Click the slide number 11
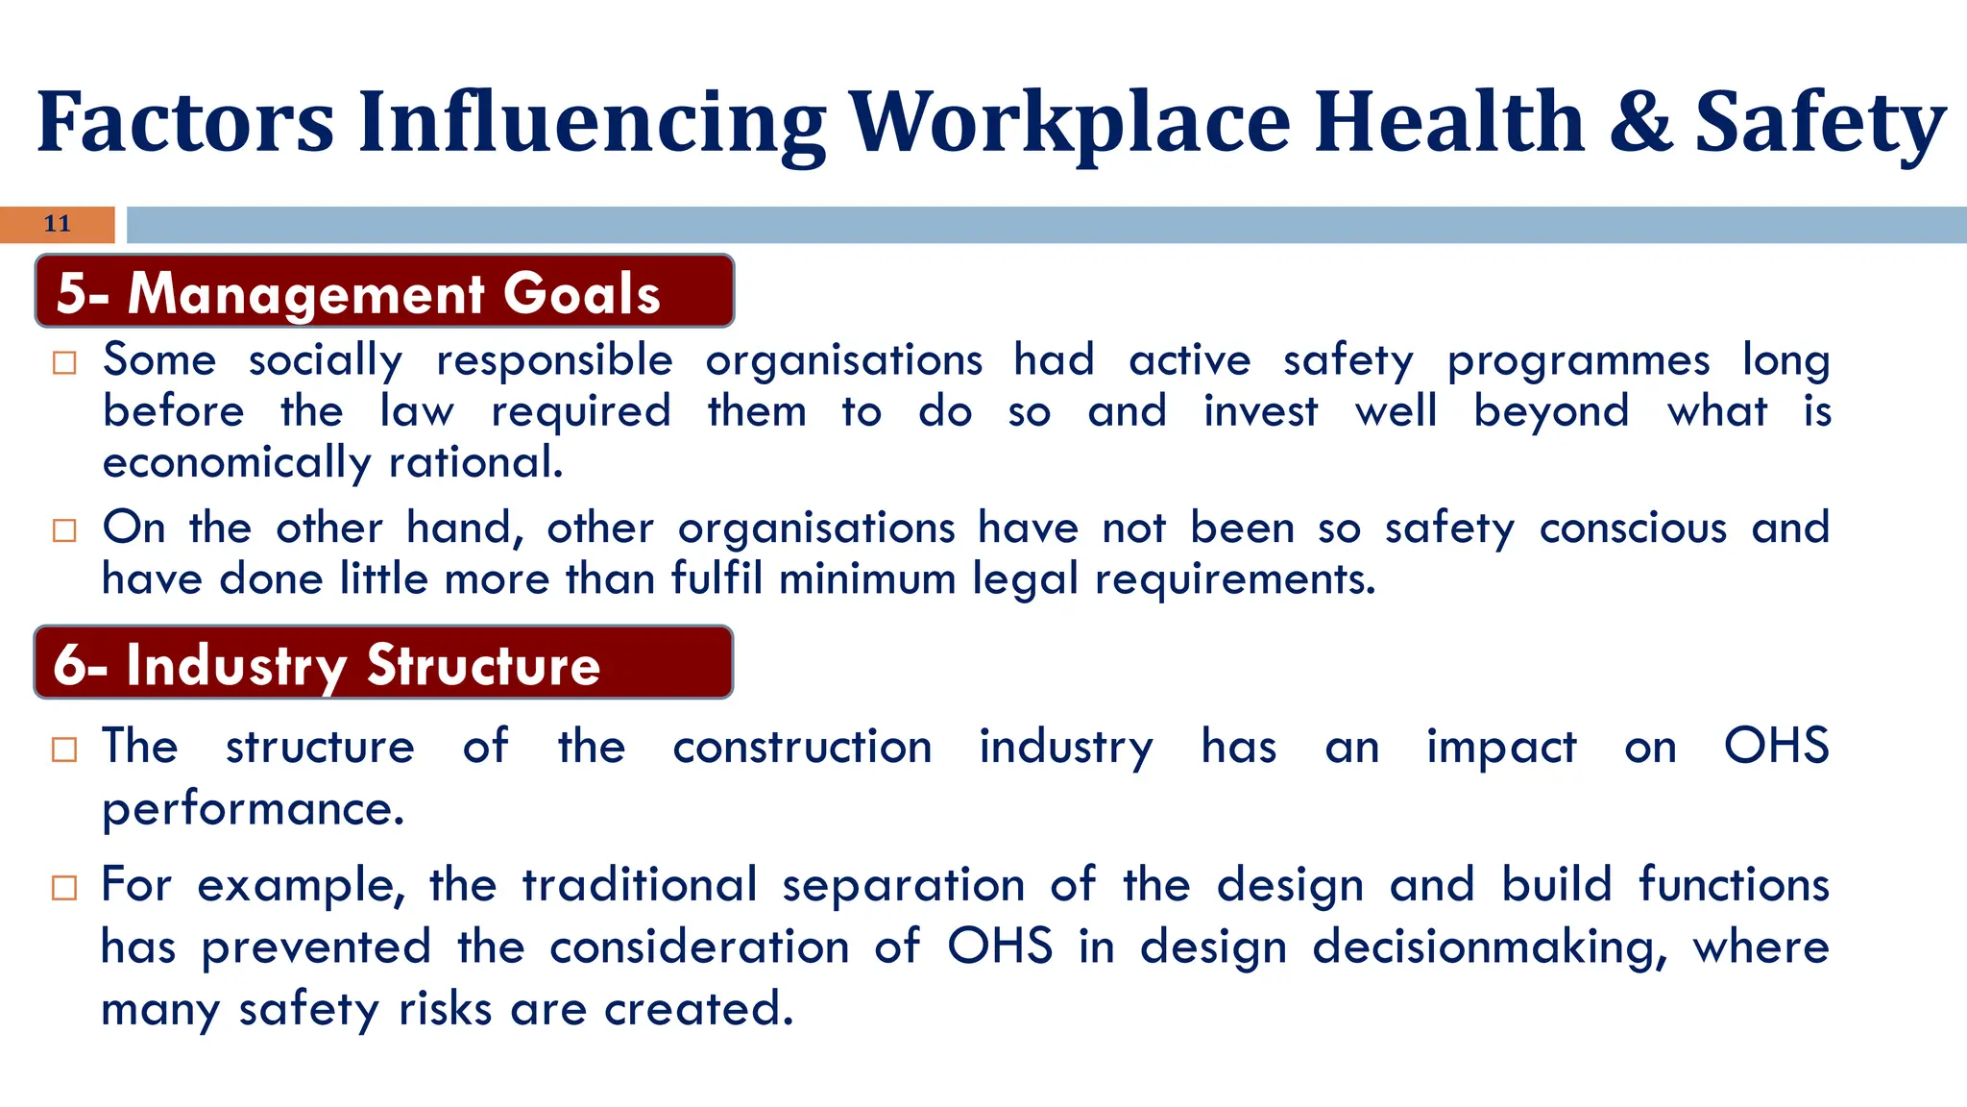pos(58,224)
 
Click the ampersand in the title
pos(1640,122)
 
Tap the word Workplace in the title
pos(1070,122)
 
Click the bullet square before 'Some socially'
pos(64,363)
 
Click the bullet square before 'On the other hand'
pos(64,530)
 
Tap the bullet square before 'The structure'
pos(64,750)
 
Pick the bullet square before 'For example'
pos(64,887)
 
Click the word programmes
pos(1578,361)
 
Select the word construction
pos(802,748)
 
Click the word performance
pos(253,809)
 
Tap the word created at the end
pos(697,1009)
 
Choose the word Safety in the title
pos(1820,122)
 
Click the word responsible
pos(554,361)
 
